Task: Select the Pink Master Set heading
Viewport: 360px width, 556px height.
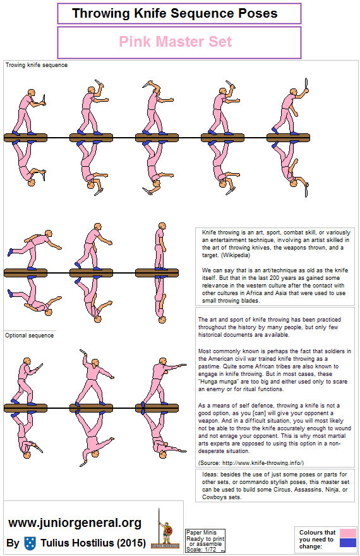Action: (176, 42)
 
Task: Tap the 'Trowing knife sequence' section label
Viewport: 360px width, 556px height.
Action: (36, 65)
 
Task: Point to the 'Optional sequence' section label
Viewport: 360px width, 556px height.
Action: (29, 335)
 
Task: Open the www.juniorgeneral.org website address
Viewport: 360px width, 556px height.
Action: (75, 523)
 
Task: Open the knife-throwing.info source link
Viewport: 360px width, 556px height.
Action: (272, 462)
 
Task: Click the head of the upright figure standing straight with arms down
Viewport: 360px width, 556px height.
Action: (158, 227)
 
